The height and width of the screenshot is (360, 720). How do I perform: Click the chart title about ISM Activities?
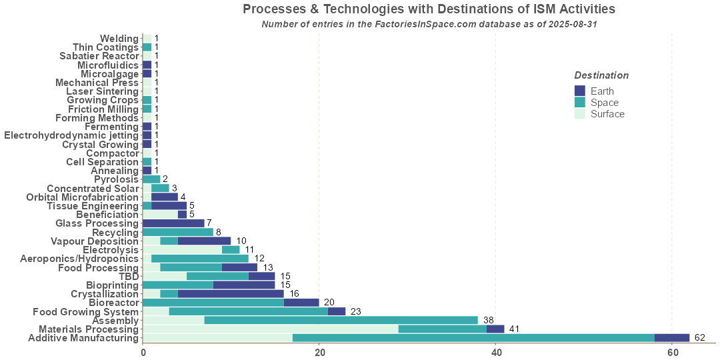429,9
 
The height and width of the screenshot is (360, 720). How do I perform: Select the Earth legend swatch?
579,91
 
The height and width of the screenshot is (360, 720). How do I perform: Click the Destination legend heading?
601,75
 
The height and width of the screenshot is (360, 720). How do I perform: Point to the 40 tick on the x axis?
495,352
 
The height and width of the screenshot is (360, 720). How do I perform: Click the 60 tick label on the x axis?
672,352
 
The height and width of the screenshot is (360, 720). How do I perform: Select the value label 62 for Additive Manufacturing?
699,338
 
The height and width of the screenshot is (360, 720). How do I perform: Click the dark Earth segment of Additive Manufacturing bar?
672,338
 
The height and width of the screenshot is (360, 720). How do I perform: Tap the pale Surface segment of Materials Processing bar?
271,329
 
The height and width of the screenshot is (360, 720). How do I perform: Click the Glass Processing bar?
173,223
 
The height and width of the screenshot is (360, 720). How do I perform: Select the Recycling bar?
178,232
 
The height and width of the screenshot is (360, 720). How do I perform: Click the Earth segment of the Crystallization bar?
231,293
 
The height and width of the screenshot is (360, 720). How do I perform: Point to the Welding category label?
119,39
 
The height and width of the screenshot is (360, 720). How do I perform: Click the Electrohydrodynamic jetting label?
71,135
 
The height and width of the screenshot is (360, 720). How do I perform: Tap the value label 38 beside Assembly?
488,320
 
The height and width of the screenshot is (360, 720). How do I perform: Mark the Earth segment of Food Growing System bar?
337,311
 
